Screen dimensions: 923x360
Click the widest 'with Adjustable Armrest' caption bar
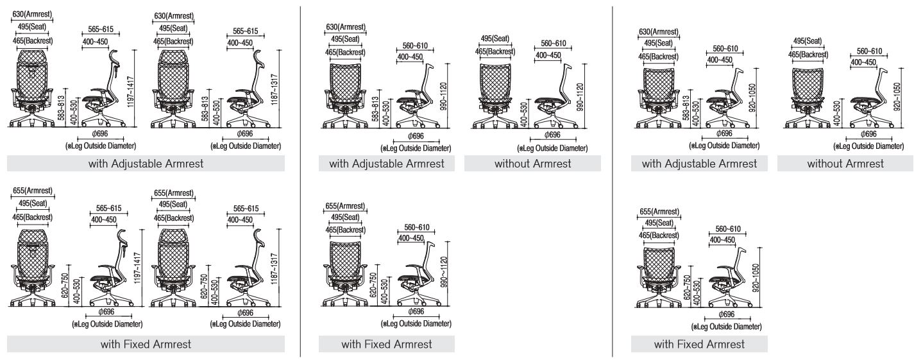[146, 163]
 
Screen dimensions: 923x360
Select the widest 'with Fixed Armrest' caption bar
[146, 344]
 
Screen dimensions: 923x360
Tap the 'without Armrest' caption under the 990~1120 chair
[533, 163]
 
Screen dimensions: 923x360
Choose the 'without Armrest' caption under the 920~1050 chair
[845, 163]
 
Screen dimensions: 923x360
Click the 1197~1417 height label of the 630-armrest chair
[131, 92]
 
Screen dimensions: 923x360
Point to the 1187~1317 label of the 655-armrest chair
[274, 269]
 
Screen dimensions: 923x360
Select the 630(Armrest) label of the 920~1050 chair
[658, 31]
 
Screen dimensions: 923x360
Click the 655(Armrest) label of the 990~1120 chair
[345, 206]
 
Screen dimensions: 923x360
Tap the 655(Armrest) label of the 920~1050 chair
[659, 212]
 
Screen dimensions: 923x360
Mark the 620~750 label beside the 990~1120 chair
[373, 284]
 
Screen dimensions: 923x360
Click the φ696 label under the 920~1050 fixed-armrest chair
[726, 314]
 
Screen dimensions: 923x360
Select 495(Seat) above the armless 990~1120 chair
[495, 39]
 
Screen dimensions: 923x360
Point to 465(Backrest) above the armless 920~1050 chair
[808, 55]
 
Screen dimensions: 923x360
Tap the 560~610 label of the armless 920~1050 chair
[869, 51]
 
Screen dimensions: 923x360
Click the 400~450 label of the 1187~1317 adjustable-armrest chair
[240, 43]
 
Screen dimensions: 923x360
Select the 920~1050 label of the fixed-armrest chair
[756, 278]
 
